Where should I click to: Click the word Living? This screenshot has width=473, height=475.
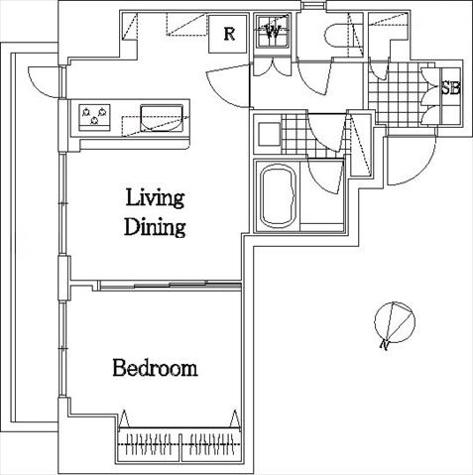click(155, 198)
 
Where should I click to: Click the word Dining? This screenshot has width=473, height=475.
click(155, 227)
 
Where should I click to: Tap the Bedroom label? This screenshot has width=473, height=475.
click(155, 368)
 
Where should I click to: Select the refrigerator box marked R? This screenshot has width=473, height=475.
click(228, 34)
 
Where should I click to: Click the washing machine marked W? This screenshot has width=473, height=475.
click(273, 32)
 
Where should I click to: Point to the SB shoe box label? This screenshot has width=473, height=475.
click(451, 88)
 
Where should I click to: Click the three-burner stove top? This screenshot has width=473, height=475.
click(94, 117)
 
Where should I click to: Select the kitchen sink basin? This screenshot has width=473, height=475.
click(162, 118)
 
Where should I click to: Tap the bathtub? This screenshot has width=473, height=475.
click(278, 196)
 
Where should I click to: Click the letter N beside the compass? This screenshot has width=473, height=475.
click(384, 344)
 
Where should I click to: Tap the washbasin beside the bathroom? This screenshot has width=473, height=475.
click(269, 134)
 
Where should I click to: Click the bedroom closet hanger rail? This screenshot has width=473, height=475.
click(178, 444)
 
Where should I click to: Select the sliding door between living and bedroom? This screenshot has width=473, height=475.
click(170, 286)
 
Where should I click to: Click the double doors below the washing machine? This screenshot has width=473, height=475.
click(273, 67)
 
